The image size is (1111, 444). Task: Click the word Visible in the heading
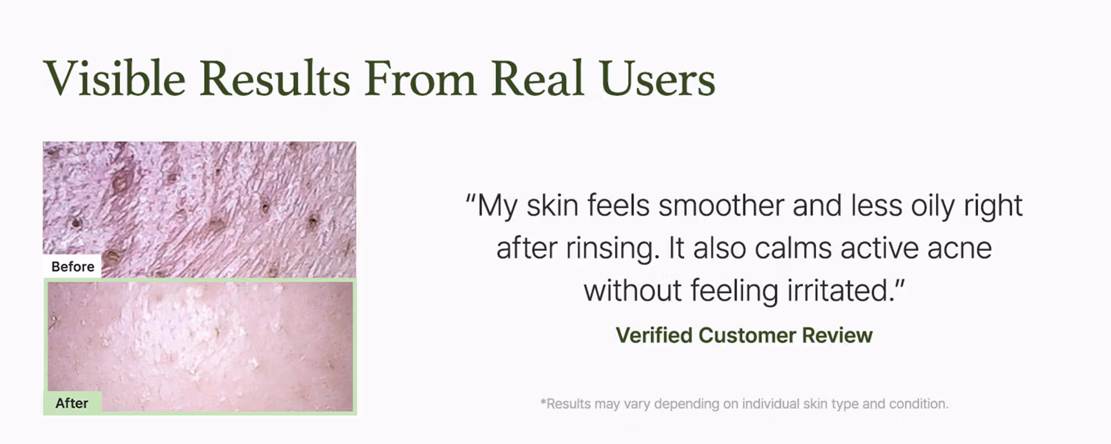(115, 78)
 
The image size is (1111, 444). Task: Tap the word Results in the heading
(275, 78)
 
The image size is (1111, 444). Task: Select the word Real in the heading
(538, 78)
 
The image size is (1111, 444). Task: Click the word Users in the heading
(657, 78)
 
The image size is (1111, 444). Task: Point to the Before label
(73, 266)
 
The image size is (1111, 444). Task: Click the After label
(72, 403)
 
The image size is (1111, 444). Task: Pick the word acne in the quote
(959, 249)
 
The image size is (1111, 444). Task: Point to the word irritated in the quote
(840, 290)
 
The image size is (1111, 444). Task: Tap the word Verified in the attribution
(653, 335)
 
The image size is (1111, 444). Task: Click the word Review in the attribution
(837, 335)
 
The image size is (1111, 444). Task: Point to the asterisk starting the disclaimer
(543, 401)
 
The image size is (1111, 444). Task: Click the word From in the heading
(421, 78)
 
